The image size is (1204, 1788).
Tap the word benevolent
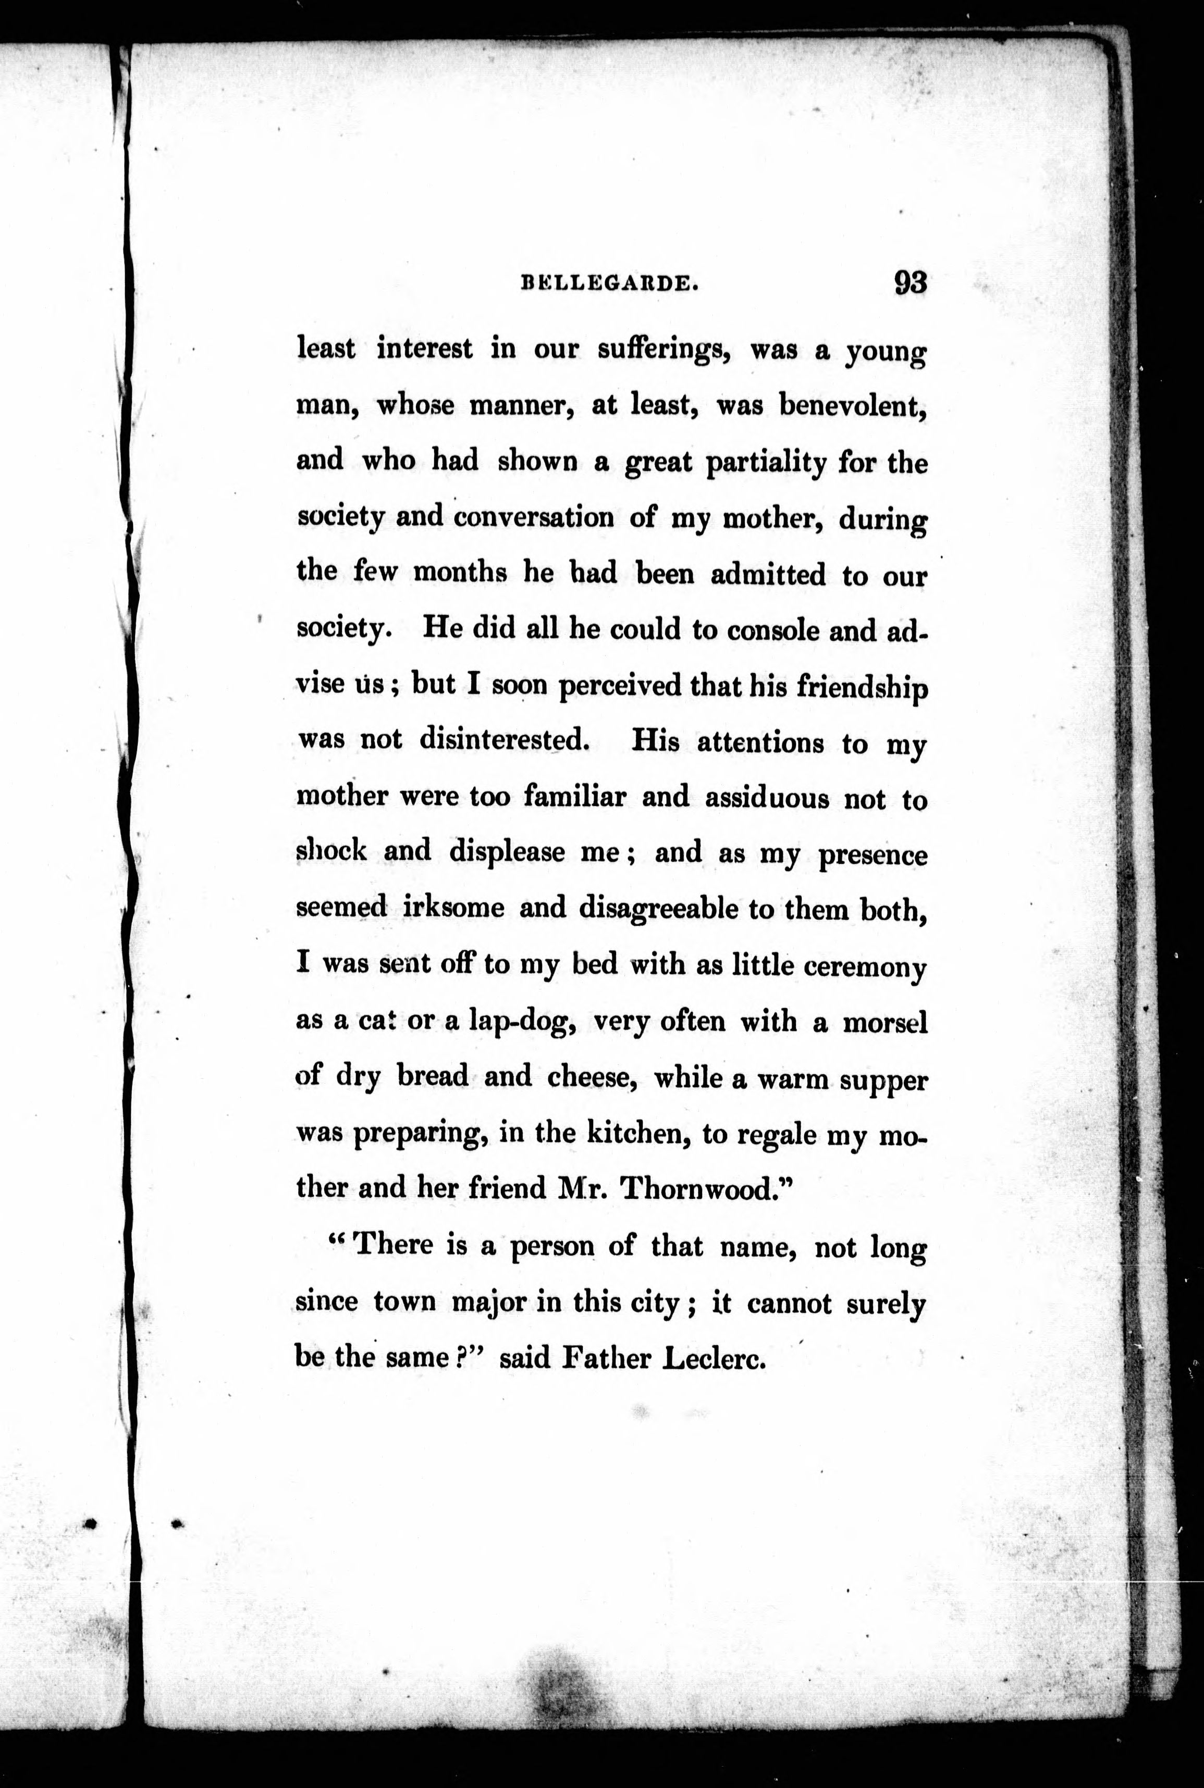pos(852,405)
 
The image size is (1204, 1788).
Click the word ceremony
pos(865,966)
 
